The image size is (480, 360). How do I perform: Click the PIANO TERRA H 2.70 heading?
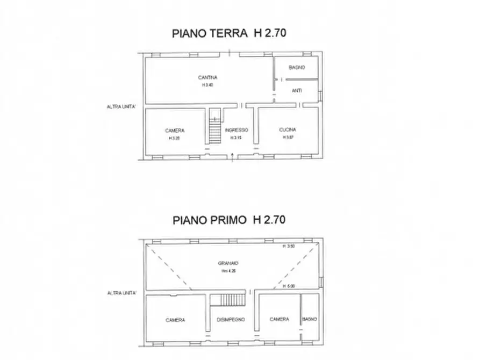point(229,33)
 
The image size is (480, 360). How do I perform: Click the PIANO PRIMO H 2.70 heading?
point(229,220)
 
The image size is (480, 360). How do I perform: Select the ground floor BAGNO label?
point(297,68)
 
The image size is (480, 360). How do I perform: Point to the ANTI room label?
point(297,91)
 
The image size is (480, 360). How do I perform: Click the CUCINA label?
point(288,130)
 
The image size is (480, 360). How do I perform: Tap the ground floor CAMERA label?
point(175,131)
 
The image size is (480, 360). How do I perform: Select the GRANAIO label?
point(228,263)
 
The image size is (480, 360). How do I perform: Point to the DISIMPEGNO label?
point(231,320)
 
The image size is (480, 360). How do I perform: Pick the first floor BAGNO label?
point(310,320)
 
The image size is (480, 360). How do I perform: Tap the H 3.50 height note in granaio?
point(289,247)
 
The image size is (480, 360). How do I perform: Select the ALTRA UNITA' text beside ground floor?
point(121,107)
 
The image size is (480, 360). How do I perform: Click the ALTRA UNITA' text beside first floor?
point(121,293)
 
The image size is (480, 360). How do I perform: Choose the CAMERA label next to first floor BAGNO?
point(280,319)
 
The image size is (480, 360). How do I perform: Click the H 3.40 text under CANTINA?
point(207,85)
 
